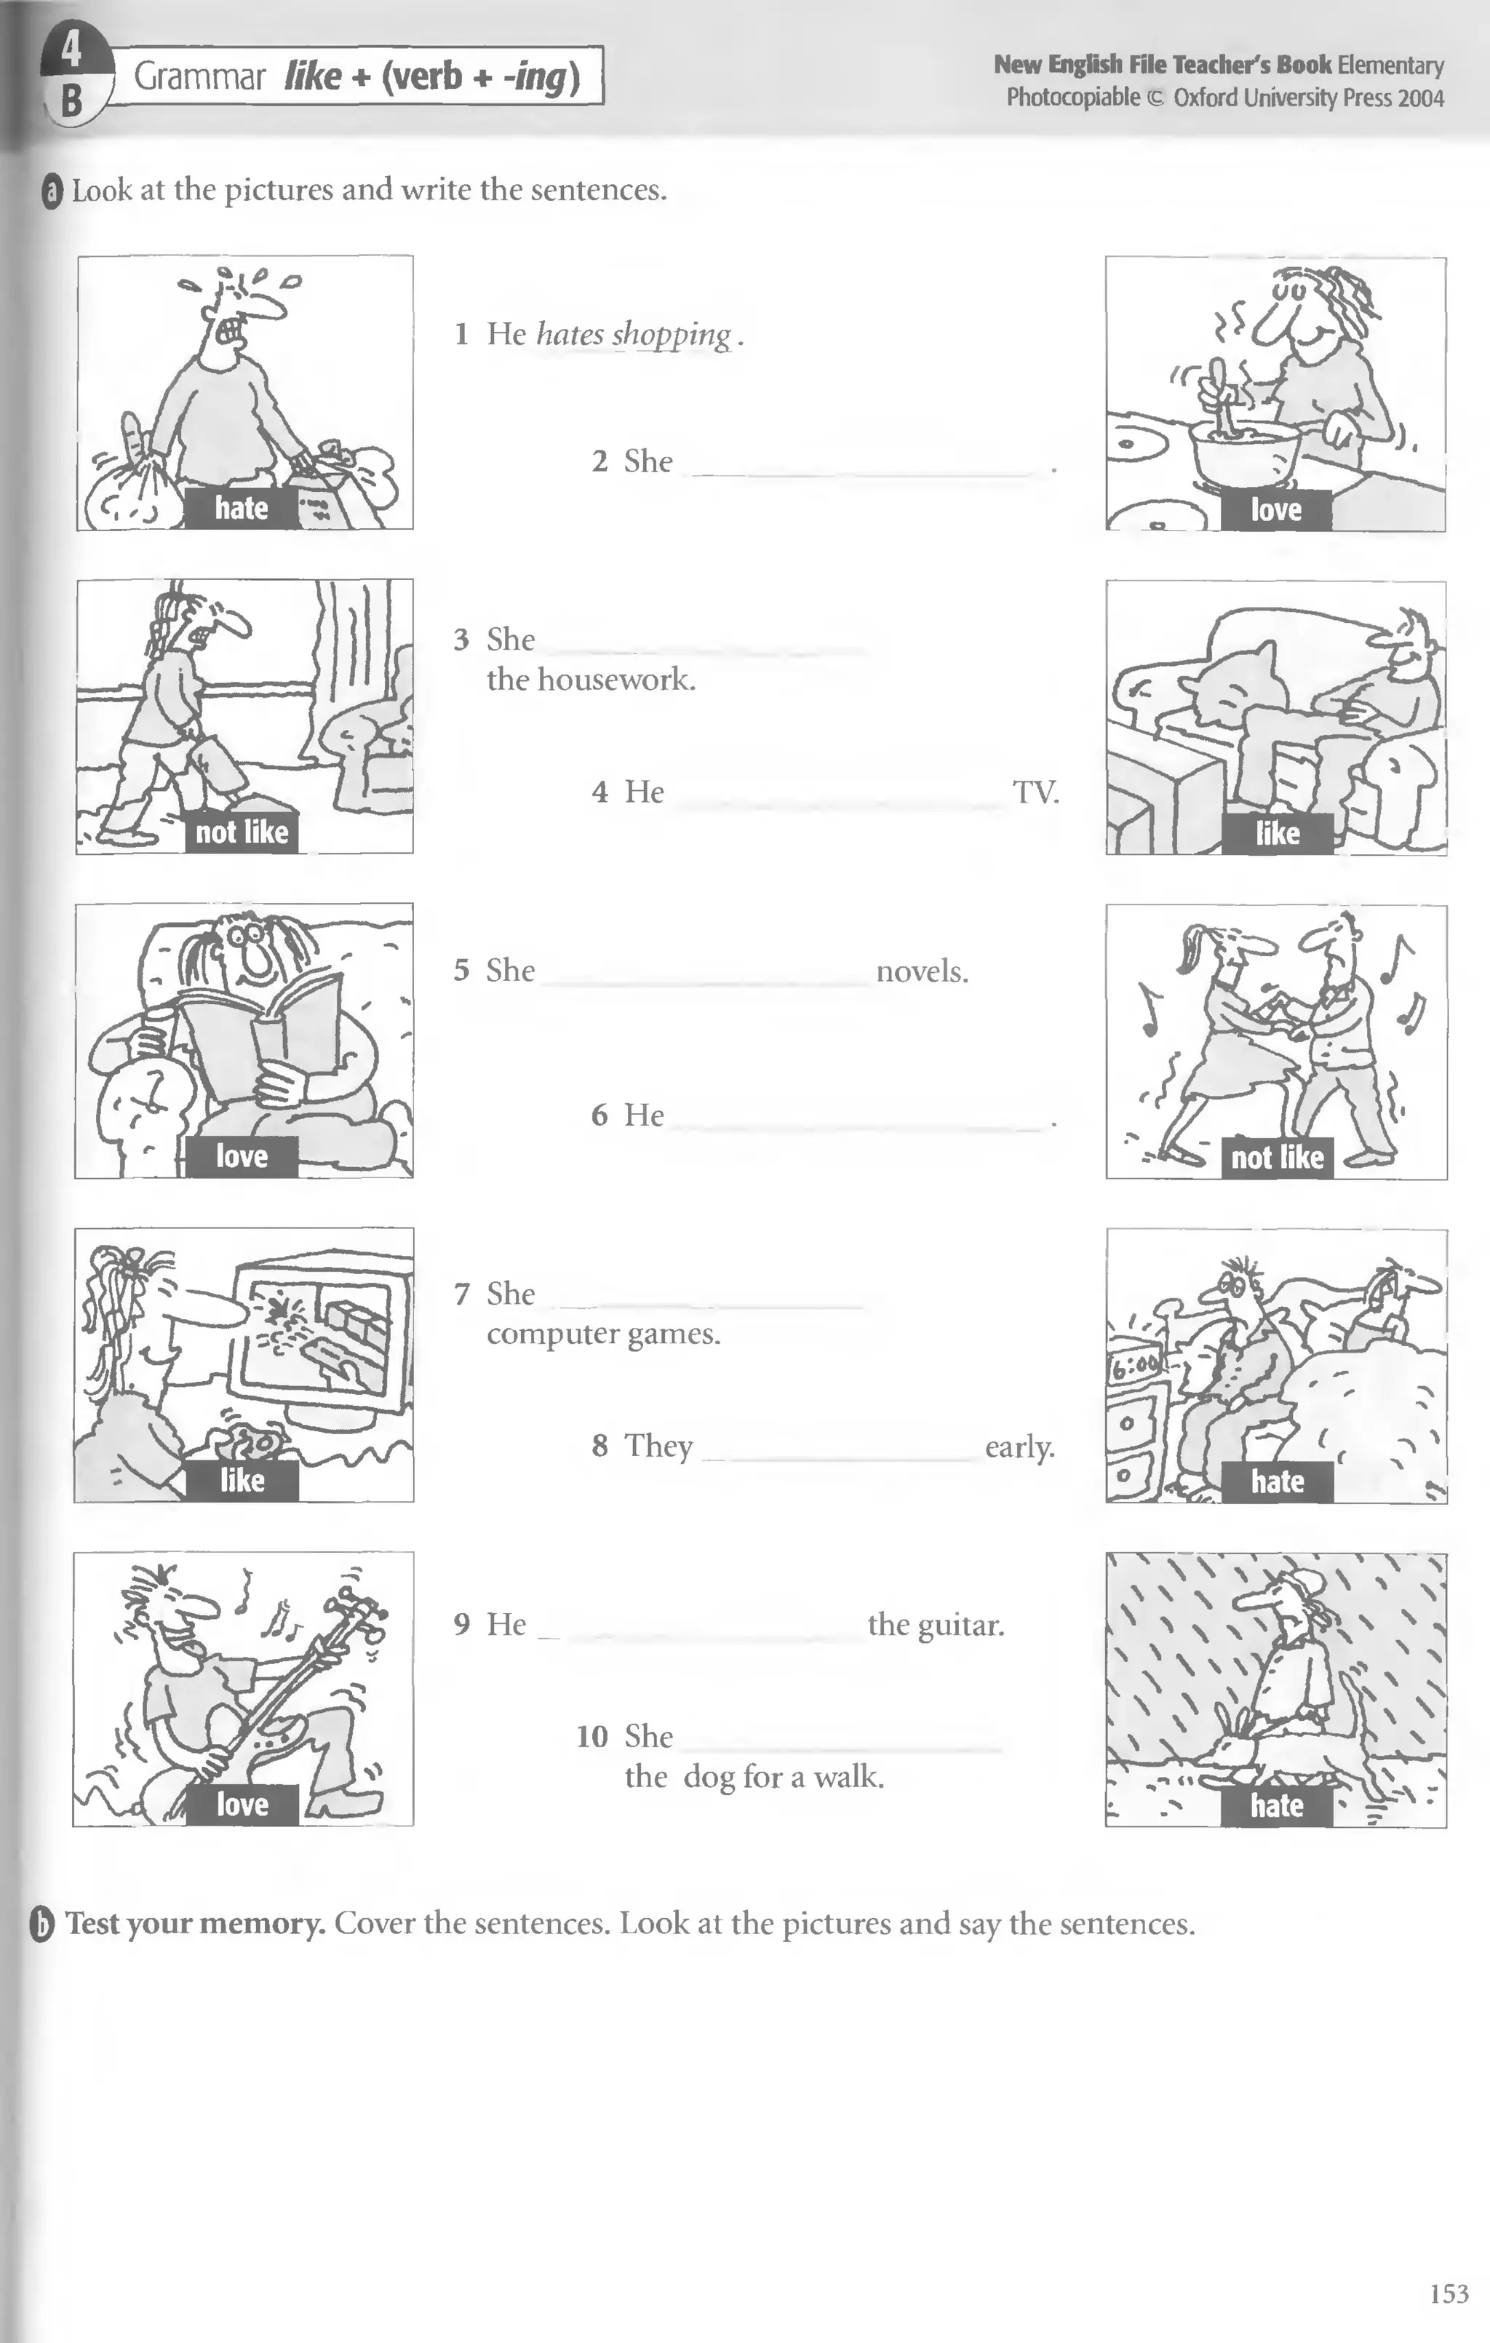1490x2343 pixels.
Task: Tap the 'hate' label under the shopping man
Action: [x=242, y=508]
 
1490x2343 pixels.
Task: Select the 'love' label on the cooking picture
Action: [x=1275, y=510]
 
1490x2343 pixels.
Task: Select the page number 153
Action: [x=1449, y=2294]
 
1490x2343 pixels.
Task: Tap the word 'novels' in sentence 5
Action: [x=921, y=971]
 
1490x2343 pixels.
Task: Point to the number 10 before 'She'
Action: [x=591, y=1736]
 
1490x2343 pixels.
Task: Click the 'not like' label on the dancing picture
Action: [x=1277, y=1158]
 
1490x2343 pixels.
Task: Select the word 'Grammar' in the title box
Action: [x=199, y=76]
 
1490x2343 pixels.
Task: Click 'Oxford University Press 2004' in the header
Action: [x=1308, y=98]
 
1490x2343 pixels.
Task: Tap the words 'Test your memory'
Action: [x=194, y=1924]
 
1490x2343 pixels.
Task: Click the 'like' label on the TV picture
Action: [x=1277, y=833]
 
